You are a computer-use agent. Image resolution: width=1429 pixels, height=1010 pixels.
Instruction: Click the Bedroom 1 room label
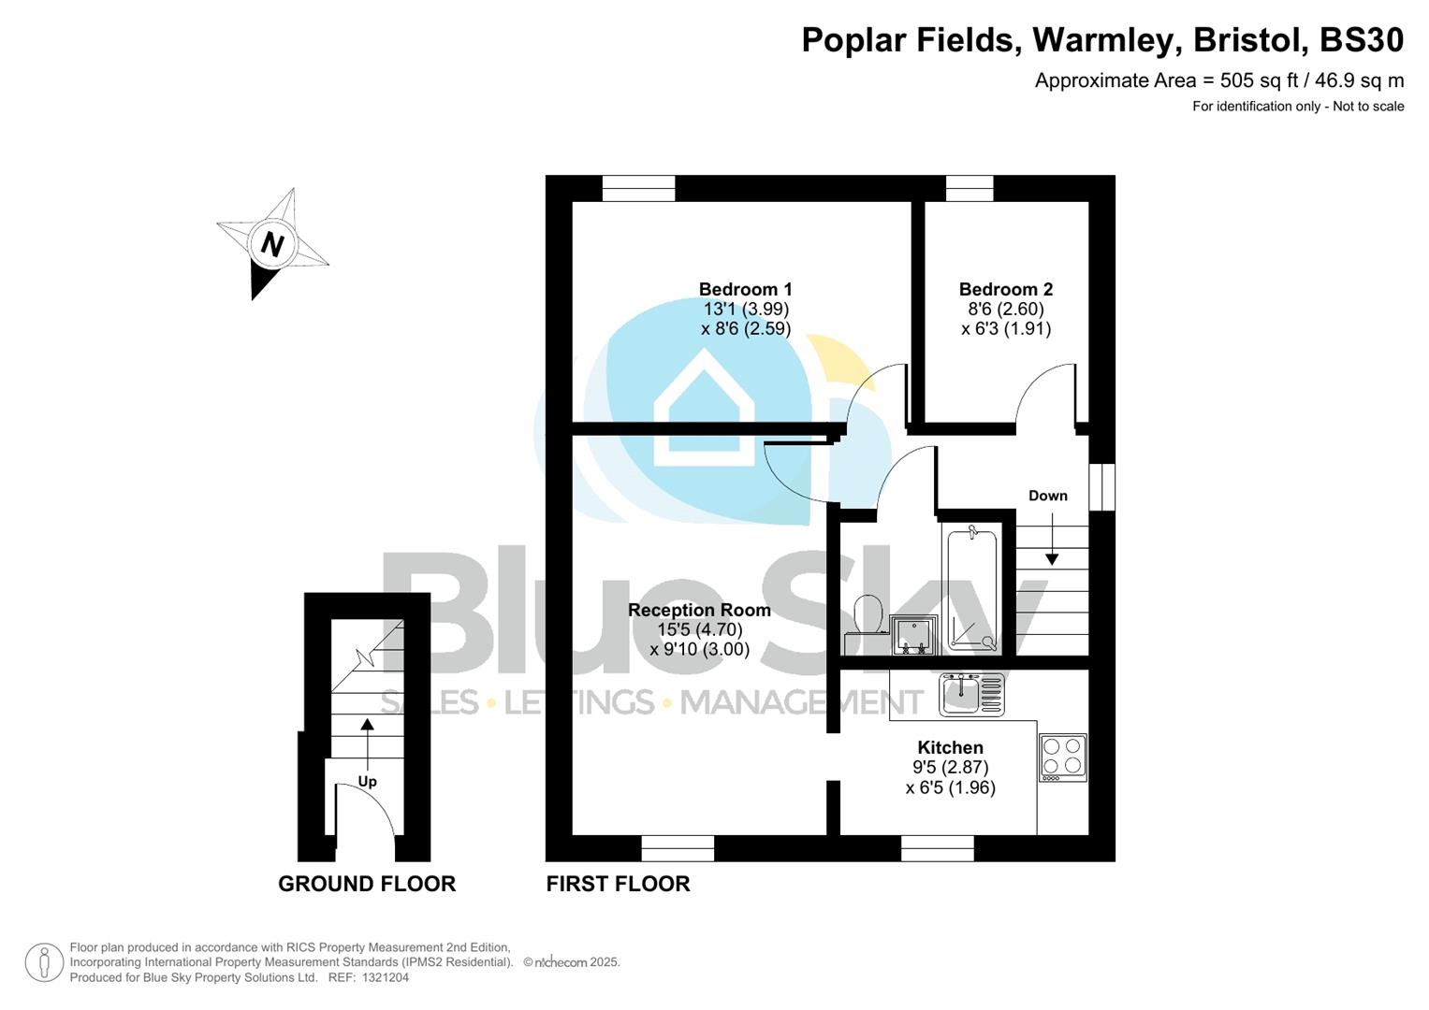point(745,290)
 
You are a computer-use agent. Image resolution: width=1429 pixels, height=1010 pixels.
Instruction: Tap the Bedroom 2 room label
point(1005,290)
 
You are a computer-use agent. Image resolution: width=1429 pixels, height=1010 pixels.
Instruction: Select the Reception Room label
point(699,611)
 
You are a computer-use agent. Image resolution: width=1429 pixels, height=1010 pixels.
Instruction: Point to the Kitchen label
point(950,747)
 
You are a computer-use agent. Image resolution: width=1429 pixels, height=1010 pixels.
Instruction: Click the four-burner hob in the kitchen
point(1062,757)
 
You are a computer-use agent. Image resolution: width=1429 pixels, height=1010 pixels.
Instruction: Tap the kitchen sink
point(971,695)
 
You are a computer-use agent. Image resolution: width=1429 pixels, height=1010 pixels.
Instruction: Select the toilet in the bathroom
point(868,613)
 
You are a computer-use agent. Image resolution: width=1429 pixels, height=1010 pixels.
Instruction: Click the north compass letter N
point(272,245)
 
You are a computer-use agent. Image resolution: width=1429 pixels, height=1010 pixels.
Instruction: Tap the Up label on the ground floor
point(367,782)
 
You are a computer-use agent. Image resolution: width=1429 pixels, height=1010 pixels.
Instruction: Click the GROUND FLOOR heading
point(367,884)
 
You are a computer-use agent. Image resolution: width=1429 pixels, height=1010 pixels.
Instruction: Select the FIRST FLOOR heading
point(618,884)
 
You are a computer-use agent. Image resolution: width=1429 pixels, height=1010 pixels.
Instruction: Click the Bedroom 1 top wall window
point(638,189)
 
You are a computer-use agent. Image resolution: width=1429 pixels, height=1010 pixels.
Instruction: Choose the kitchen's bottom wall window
point(937,848)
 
